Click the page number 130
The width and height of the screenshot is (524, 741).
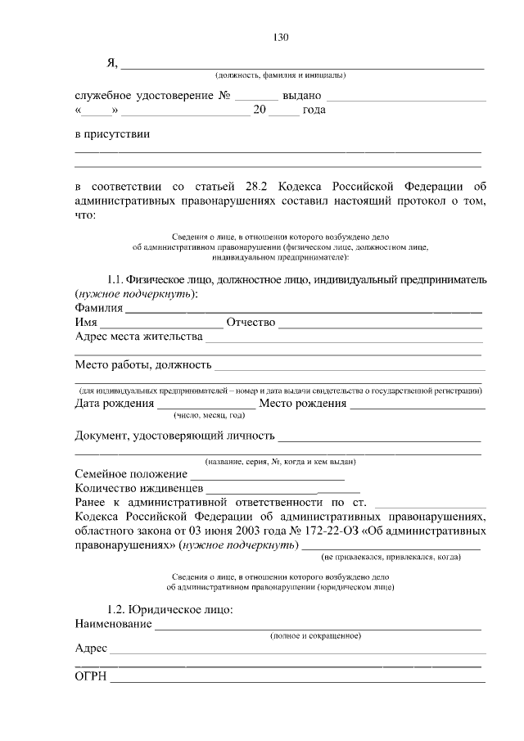click(280, 38)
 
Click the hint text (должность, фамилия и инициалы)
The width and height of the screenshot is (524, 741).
click(281, 75)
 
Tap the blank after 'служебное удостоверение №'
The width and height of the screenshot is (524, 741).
click(256, 96)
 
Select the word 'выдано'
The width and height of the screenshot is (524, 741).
click(301, 96)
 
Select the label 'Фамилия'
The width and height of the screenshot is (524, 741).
click(98, 308)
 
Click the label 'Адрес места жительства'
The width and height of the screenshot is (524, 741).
click(138, 337)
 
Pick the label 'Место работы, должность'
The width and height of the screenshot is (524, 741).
click(142, 364)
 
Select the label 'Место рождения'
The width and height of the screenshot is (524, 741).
click(302, 404)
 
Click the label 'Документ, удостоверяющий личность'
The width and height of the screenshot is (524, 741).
click(174, 435)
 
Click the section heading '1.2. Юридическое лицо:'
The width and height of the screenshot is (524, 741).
click(170, 610)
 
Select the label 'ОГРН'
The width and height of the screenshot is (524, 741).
click(90, 677)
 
